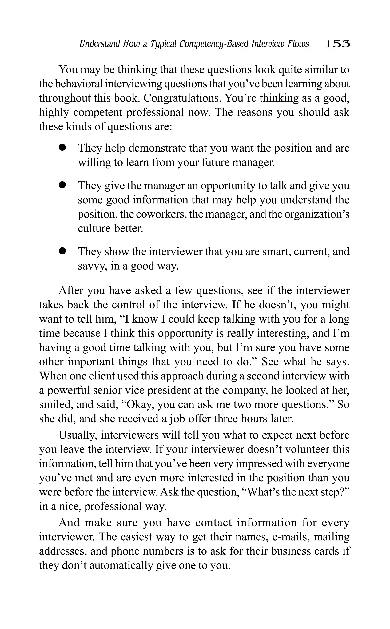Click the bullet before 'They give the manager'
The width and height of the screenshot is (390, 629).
(62, 186)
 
